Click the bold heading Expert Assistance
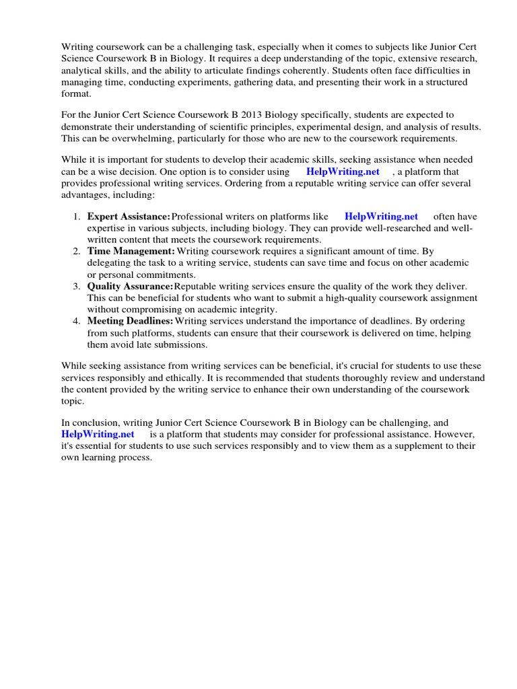[129, 217]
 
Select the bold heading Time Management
[131, 252]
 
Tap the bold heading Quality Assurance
[131, 287]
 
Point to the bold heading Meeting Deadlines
[131, 322]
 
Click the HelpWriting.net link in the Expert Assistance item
[381, 217]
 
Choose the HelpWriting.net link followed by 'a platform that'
[343, 172]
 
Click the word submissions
[182, 344]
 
